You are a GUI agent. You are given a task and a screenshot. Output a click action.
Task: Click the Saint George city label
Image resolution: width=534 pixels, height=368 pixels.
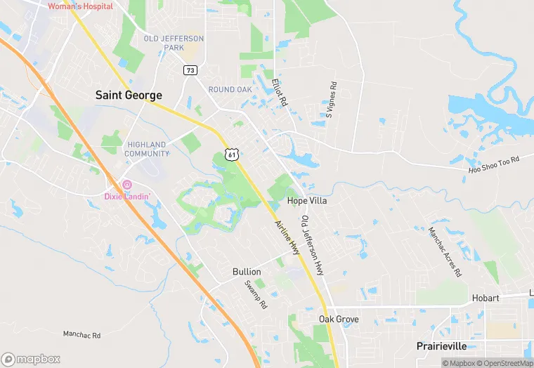point(129,95)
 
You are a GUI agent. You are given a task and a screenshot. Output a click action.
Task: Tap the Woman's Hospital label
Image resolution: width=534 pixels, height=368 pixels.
point(80,6)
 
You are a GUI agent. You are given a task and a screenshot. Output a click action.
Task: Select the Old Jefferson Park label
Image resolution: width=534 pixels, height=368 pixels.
point(174,44)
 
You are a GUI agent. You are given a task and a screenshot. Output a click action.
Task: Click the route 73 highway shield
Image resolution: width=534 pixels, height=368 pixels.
point(190,70)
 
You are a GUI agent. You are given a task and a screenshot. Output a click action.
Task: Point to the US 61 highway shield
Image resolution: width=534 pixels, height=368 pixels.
point(232,154)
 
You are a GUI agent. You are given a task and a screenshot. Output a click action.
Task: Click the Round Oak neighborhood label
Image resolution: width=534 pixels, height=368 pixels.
point(230,89)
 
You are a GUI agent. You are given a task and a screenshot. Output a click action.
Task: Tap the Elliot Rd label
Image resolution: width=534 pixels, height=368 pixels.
point(279,92)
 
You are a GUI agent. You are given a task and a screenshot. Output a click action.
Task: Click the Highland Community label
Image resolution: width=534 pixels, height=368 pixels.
point(146,149)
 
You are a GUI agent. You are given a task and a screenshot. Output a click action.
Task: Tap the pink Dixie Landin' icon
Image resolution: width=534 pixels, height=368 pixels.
point(127,185)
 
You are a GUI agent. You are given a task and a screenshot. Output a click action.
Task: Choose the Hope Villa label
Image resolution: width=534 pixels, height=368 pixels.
point(308,201)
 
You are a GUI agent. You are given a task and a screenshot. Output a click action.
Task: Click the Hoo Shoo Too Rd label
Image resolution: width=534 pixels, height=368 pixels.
point(493,166)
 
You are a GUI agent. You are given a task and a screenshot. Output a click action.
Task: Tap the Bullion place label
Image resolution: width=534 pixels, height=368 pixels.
point(247,272)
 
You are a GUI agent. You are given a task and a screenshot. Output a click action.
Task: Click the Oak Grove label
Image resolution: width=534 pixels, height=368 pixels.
point(339,319)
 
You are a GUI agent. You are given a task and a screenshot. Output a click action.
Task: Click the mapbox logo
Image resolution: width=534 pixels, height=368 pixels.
point(31,359)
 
